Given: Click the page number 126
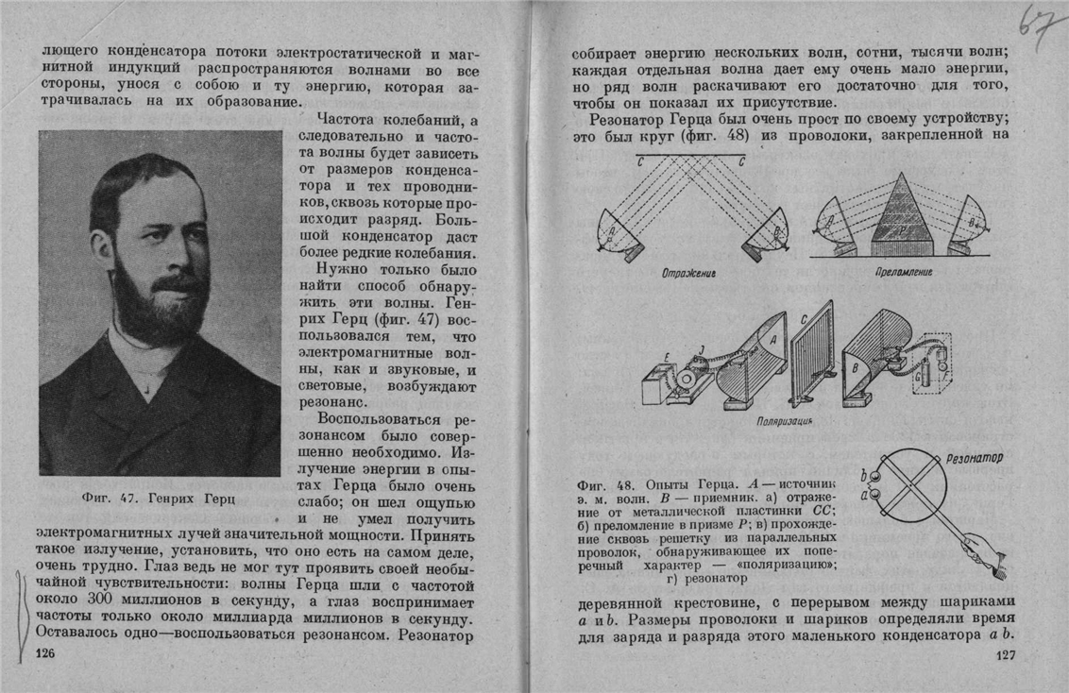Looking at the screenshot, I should [44, 654].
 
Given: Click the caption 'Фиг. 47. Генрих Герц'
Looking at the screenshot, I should [158, 497].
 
